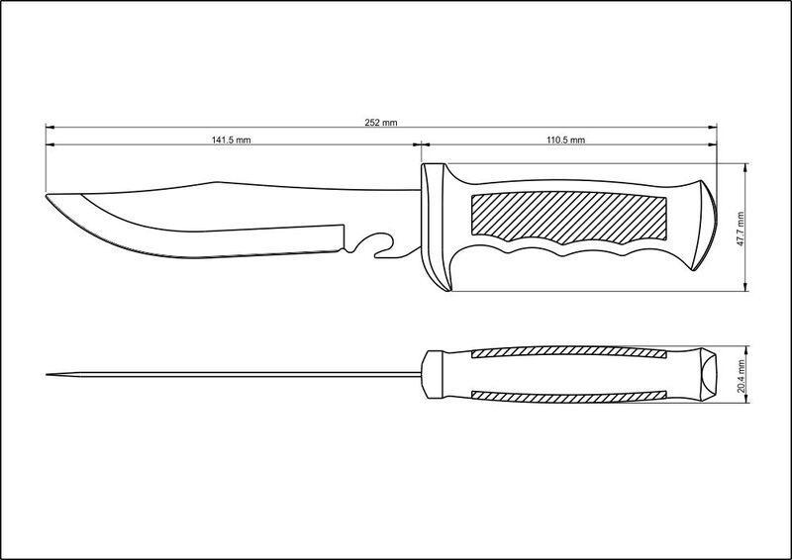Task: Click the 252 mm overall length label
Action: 381,123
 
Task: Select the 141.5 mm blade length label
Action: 231,140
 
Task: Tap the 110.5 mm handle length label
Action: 565,140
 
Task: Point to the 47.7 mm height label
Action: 741,229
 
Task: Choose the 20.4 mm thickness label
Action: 741,376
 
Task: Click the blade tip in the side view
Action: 47,195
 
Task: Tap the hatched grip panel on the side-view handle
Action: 568,216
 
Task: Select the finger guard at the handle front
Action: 436,227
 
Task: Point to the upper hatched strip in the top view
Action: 568,353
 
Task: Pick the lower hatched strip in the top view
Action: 568,396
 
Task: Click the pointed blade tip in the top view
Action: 47,375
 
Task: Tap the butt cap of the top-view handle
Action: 707,375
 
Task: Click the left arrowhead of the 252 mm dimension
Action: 49,128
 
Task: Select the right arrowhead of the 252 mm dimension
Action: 713,128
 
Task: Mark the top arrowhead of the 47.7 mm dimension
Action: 746,167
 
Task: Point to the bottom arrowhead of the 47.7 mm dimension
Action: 746,287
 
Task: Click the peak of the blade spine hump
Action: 217,182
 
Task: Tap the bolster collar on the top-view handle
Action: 433,375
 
